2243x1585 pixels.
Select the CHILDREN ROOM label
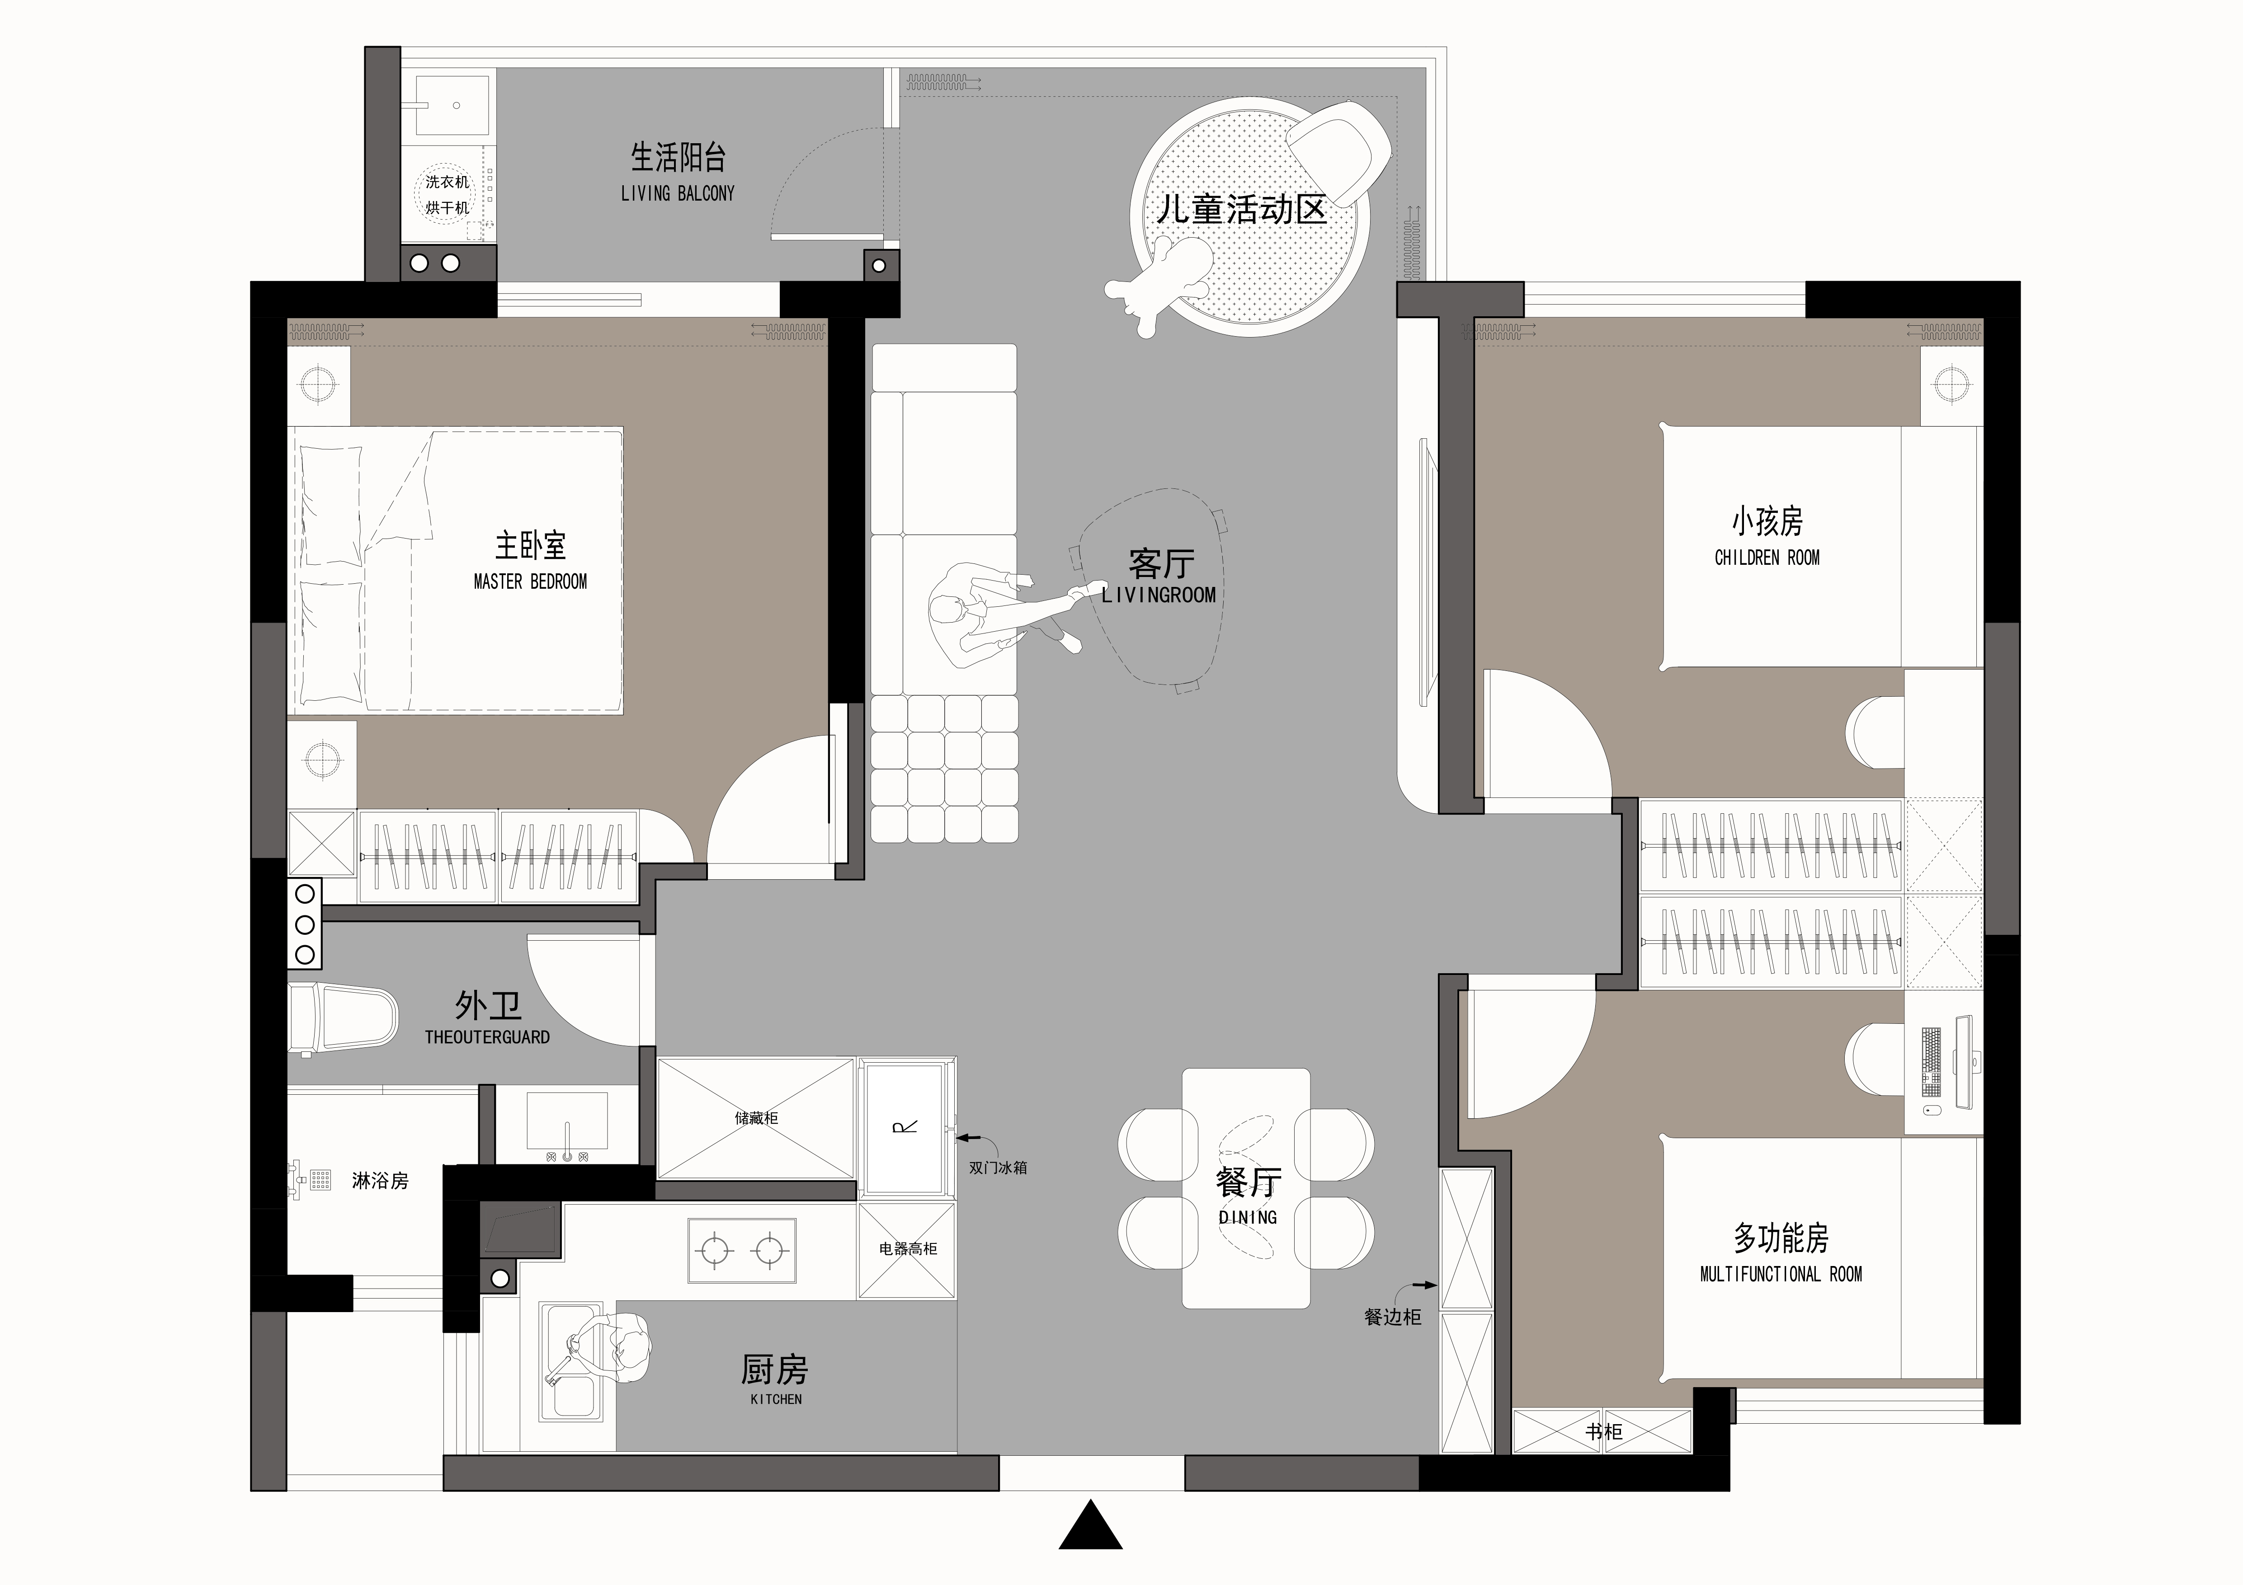click(1767, 558)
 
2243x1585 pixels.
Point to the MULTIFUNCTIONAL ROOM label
click(1781, 1275)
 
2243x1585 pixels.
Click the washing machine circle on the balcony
click(448, 194)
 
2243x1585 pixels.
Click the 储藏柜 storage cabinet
click(756, 1118)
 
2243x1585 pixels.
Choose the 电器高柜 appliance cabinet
click(908, 1250)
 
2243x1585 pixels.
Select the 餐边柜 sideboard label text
click(1392, 1318)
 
